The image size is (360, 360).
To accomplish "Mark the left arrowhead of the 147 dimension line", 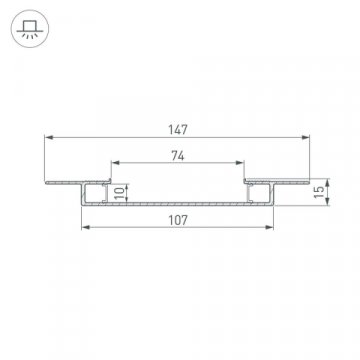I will (x=48, y=137).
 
